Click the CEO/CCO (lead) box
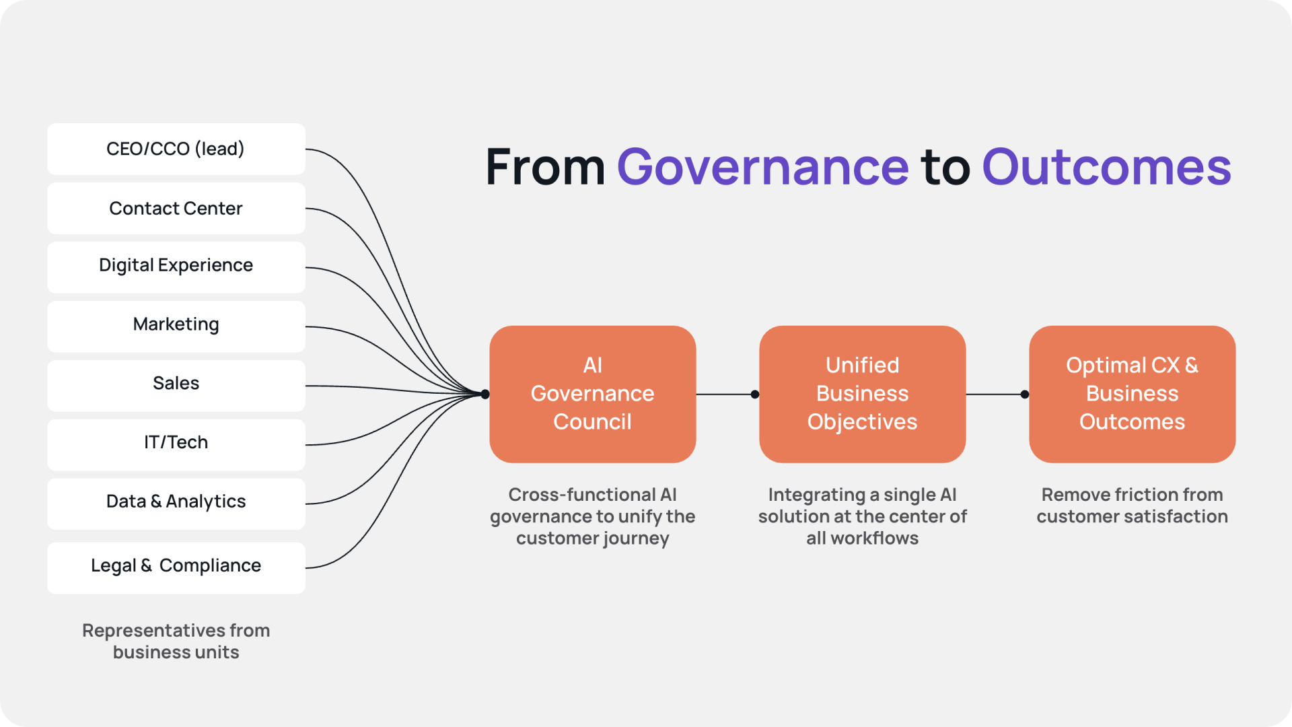(x=176, y=149)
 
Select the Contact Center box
(x=176, y=208)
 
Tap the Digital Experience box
(x=176, y=267)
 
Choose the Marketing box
(x=176, y=326)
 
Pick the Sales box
(x=176, y=385)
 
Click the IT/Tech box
(x=176, y=444)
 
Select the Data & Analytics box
(x=176, y=503)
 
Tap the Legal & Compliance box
(x=176, y=567)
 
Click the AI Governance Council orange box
(x=592, y=394)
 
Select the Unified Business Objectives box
(x=862, y=394)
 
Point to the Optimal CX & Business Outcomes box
(x=1132, y=394)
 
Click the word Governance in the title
(x=762, y=167)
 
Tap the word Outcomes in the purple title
(x=1106, y=167)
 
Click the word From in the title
(x=545, y=167)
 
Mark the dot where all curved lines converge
(x=485, y=394)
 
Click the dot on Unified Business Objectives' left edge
(x=755, y=394)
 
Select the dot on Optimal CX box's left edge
(x=1025, y=394)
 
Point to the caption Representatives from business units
(x=176, y=641)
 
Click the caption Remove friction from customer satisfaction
(x=1132, y=505)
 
